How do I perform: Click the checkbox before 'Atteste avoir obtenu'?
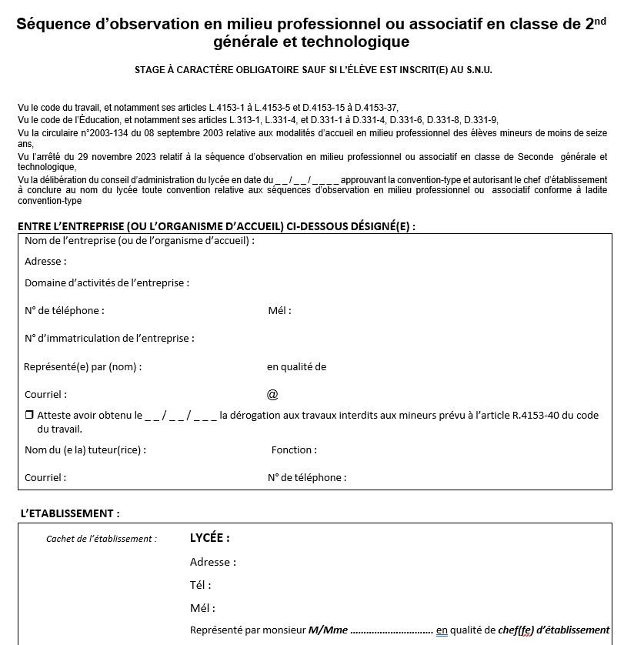[x=29, y=415]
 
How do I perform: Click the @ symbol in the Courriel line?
[x=272, y=394]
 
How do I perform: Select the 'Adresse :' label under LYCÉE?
[x=212, y=562]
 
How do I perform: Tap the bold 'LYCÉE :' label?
[x=209, y=538]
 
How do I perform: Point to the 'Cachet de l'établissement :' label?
[x=101, y=539]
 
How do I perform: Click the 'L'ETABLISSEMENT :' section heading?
[x=70, y=513]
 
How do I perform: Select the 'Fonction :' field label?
[x=294, y=449]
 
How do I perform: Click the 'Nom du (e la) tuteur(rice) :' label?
[x=85, y=449]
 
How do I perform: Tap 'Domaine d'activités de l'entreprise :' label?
[x=107, y=282]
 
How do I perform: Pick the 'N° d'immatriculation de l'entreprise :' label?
[x=109, y=338]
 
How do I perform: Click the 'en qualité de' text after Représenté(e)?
[x=296, y=366]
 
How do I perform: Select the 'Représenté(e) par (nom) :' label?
[x=83, y=366]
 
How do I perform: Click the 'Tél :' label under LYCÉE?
[x=200, y=585]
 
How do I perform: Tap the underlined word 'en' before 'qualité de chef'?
[x=442, y=630]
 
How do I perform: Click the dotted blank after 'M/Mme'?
[x=392, y=630]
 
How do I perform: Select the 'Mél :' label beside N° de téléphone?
[x=279, y=310]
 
